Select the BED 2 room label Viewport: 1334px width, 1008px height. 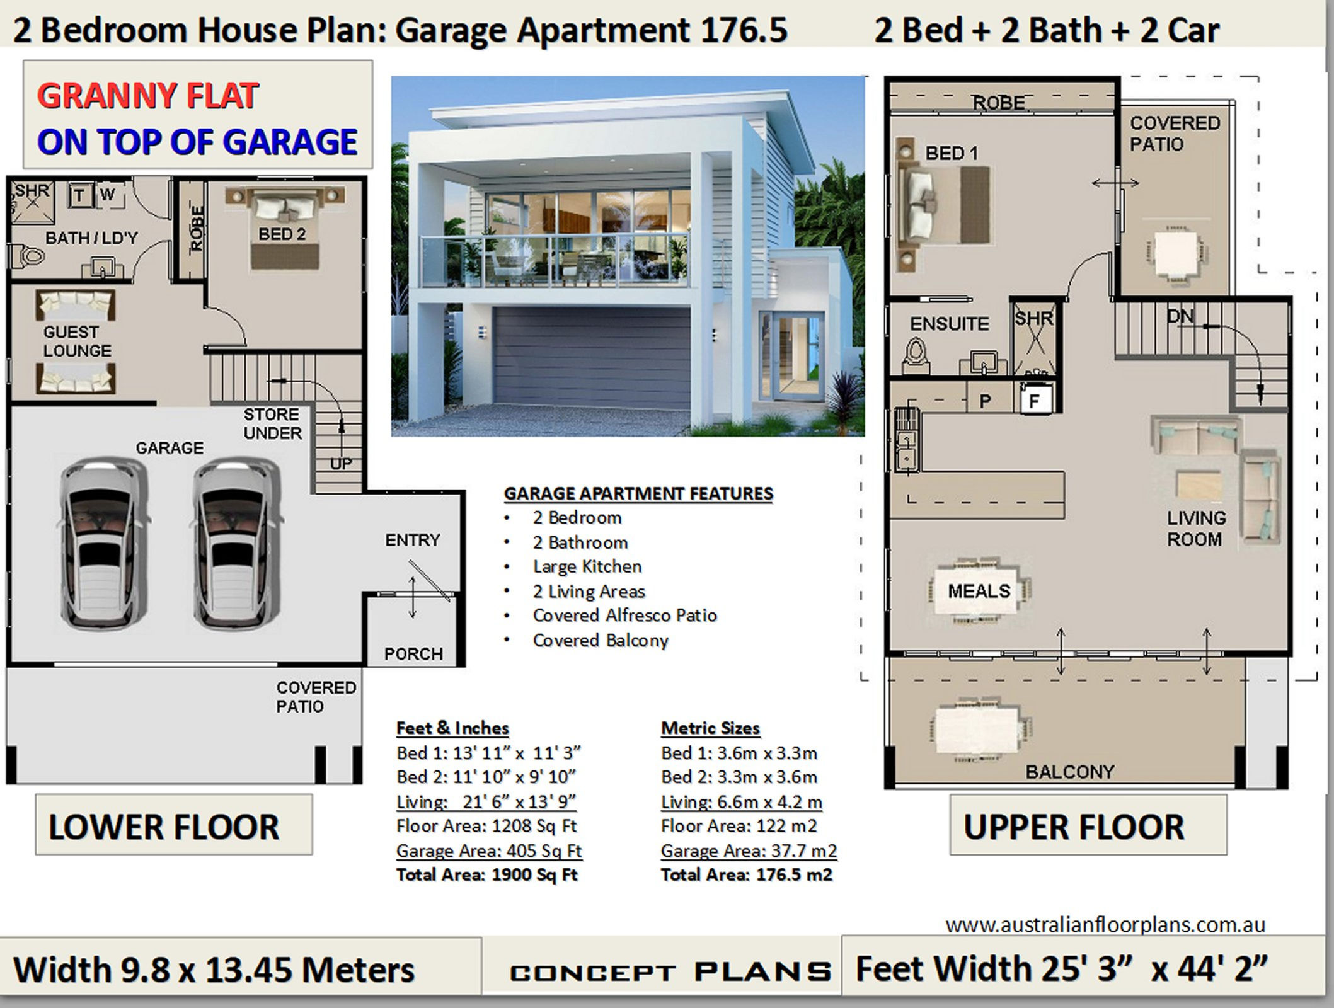[x=282, y=234]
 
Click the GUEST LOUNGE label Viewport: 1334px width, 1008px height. [x=77, y=341]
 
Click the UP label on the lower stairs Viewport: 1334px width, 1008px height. [x=341, y=464]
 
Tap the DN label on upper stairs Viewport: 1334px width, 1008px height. [x=1180, y=316]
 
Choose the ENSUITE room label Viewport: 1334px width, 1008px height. [x=949, y=324]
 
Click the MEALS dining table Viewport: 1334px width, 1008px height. [x=979, y=591]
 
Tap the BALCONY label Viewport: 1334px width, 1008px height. [x=1070, y=771]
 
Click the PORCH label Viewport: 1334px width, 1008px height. [x=413, y=654]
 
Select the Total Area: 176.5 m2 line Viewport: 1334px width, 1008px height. [x=747, y=875]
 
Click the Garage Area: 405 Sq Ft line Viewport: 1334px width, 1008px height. [x=488, y=850]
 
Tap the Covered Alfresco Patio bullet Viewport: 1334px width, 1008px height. [x=624, y=616]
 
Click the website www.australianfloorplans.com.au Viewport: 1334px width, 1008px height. [x=1105, y=925]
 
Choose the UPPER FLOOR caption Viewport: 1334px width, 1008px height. [x=1074, y=827]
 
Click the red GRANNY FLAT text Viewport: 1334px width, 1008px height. [x=147, y=96]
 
